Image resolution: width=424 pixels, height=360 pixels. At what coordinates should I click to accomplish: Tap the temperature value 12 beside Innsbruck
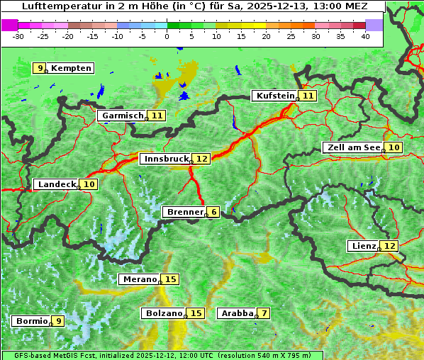[203, 159]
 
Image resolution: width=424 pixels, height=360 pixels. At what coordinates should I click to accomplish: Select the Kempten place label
[72, 68]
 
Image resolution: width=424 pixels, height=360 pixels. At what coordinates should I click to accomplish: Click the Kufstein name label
[275, 96]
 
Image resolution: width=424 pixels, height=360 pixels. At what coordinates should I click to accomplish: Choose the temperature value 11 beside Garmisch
[157, 115]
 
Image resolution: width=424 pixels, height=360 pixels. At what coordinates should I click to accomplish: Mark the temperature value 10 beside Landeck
[89, 184]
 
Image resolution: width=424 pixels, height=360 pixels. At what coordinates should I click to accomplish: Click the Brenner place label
[184, 212]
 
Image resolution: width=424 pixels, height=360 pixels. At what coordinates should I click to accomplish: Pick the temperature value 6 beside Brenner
[213, 212]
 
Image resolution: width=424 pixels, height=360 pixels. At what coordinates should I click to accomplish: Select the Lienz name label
[363, 246]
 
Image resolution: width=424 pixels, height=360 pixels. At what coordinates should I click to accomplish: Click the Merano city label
[138, 279]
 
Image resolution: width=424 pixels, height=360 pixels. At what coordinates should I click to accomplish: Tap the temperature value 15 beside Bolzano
[196, 313]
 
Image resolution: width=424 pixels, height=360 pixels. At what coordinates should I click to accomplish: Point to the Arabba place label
[236, 313]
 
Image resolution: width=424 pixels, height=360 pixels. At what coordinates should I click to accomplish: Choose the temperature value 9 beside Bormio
[58, 321]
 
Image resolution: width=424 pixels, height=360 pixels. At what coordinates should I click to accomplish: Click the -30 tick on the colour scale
[18, 36]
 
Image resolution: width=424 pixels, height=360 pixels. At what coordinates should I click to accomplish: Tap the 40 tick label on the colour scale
[365, 36]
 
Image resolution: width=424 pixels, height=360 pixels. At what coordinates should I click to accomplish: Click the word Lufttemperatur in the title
[53, 6]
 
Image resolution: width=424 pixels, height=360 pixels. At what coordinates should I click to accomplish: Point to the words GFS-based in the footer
[24, 355]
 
